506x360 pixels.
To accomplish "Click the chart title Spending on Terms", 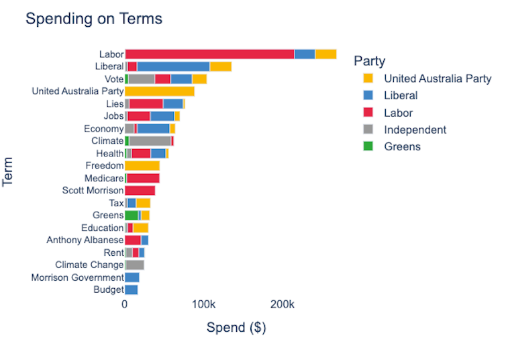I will [x=94, y=19].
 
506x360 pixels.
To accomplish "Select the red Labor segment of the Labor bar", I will [x=209, y=54].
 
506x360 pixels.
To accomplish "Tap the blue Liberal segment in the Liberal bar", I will [x=173, y=66].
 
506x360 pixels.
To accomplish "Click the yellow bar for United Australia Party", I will [x=160, y=91].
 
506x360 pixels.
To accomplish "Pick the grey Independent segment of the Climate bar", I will [x=150, y=141].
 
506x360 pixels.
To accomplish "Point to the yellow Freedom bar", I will [x=142, y=166].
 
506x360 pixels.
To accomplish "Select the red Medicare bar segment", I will [x=143, y=178].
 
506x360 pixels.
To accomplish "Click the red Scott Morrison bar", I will [x=140, y=191].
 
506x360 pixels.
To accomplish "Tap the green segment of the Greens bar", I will [x=132, y=216].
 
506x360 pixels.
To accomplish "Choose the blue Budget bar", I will [x=132, y=290].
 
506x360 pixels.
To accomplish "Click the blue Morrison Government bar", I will [x=132, y=277].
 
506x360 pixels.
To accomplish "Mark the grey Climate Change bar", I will [x=135, y=265].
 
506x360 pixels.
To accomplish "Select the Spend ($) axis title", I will [x=236, y=328].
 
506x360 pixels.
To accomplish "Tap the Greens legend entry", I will [x=402, y=146].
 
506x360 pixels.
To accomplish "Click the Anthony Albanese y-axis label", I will [x=85, y=240].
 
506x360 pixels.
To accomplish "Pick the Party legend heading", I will [x=370, y=61].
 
